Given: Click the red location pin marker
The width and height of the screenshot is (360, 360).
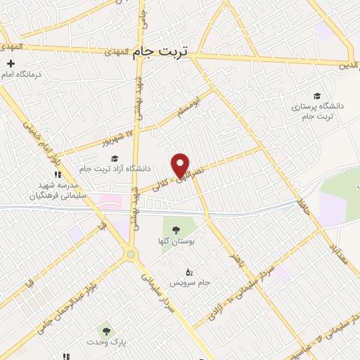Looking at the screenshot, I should [181, 164].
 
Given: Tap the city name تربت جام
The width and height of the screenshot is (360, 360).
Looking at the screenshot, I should [162, 53].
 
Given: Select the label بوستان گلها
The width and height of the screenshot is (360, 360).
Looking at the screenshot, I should [176, 241].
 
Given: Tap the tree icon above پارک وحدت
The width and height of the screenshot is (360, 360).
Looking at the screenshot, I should [105, 329].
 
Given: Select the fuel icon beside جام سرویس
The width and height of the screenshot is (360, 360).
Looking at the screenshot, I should [188, 273].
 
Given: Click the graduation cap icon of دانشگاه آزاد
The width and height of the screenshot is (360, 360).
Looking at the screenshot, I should [114, 158].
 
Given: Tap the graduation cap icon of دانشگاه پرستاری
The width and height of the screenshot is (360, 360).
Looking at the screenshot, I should [317, 96].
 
